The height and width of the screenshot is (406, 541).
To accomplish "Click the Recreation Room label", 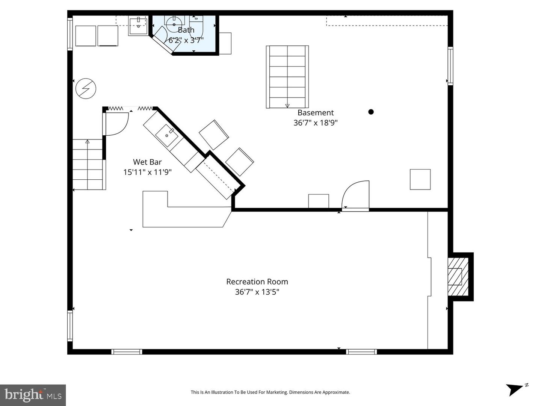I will pyautogui.click(x=257, y=282).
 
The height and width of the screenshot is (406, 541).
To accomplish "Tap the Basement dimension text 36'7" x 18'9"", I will pyautogui.click(x=315, y=123).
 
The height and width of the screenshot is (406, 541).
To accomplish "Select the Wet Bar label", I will pyautogui.click(x=147, y=162).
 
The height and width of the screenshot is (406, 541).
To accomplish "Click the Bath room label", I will pyautogui.click(x=186, y=30).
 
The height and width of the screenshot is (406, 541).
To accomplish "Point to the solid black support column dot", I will pyautogui.click(x=371, y=112).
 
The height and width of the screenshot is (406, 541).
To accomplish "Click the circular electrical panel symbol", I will pyautogui.click(x=86, y=89).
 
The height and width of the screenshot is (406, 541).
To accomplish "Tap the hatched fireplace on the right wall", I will pyautogui.click(x=458, y=276).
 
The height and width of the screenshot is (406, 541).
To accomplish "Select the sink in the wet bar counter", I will pyautogui.click(x=167, y=135).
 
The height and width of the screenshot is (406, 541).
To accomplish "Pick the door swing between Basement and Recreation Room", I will pyautogui.click(x=355, y=194).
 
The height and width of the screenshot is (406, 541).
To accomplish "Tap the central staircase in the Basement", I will pyautogui.click(x=287, y=77).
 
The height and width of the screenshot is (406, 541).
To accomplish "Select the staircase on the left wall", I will pyautogui.click(x=88, y=164).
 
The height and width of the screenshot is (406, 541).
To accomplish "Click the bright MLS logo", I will pyautogui.click(x=33, y=395).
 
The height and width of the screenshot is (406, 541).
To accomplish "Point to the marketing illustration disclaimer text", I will pyautogui.click(x=270, y=392).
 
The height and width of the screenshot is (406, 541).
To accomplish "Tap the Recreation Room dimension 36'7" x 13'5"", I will pyautogui.click(x=257, y=292).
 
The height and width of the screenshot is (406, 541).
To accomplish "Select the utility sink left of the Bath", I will pyautogui.click(x=138, y=26).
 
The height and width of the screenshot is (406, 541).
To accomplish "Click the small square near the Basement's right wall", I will pyautogui.click(x=420, y=179).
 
